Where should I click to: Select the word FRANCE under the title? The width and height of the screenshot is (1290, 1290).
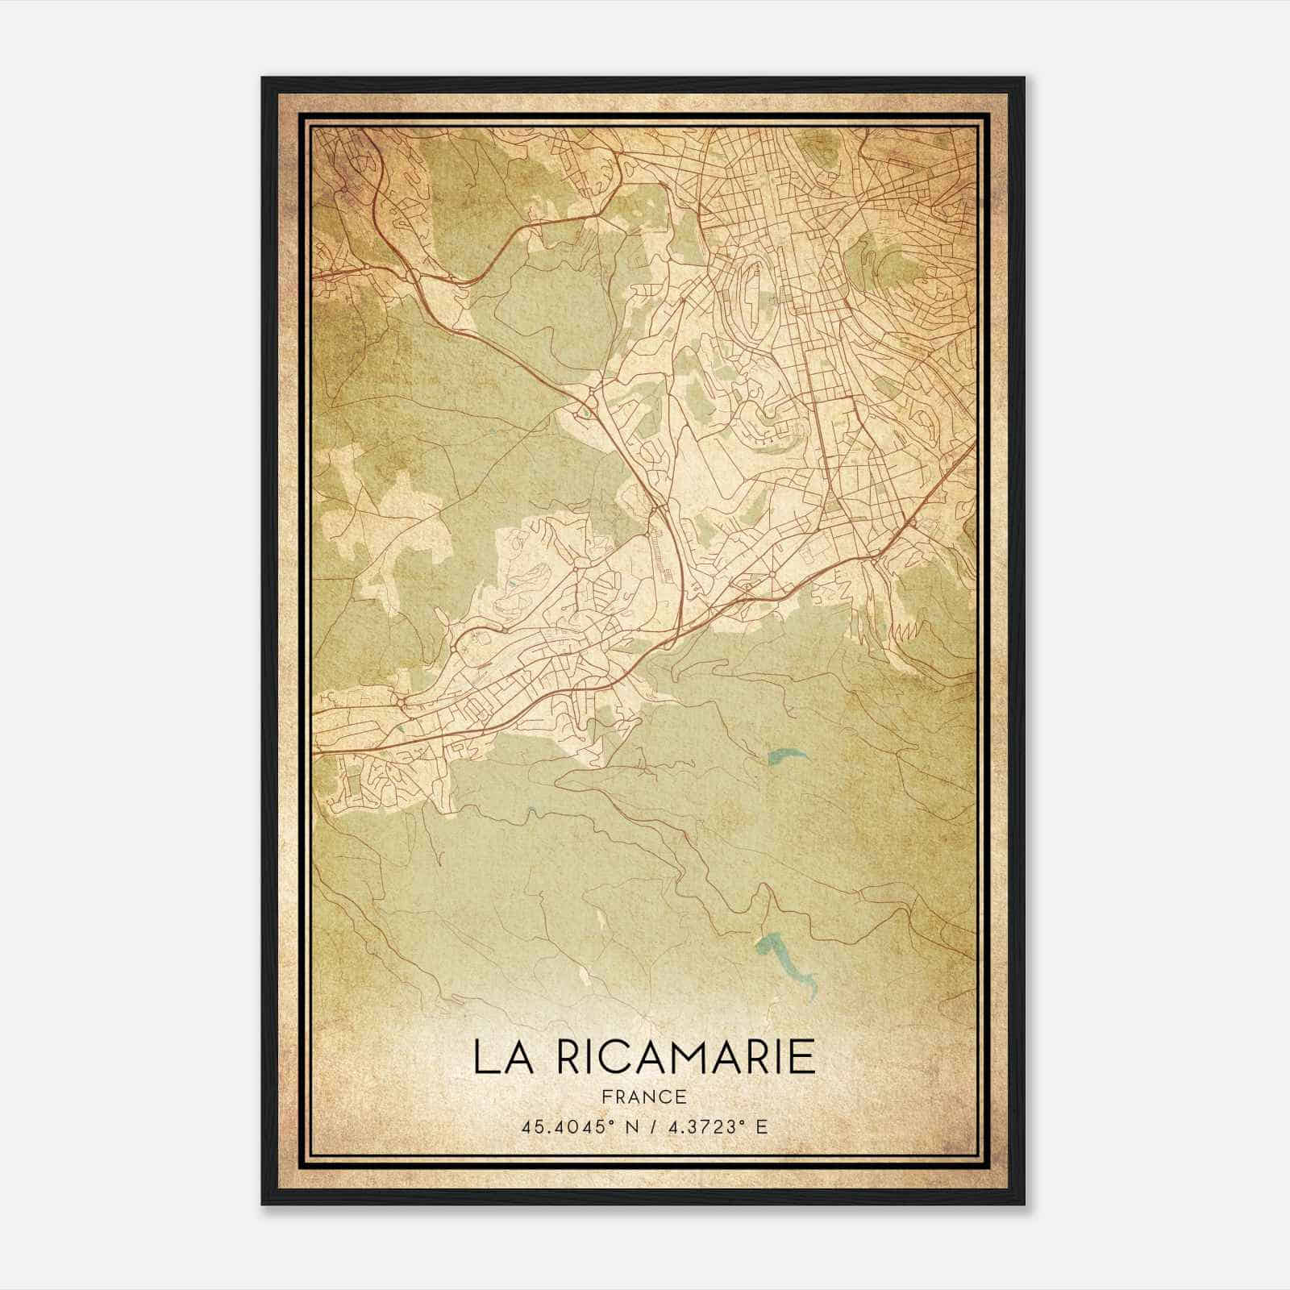click(644, 1096)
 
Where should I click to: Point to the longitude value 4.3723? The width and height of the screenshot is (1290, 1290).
click(697, 1126)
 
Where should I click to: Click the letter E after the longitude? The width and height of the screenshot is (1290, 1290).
click(761, 1126)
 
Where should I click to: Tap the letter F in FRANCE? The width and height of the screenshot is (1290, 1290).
click(608, 1096)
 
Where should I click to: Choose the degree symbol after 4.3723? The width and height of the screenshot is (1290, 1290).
click(742, 1121)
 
